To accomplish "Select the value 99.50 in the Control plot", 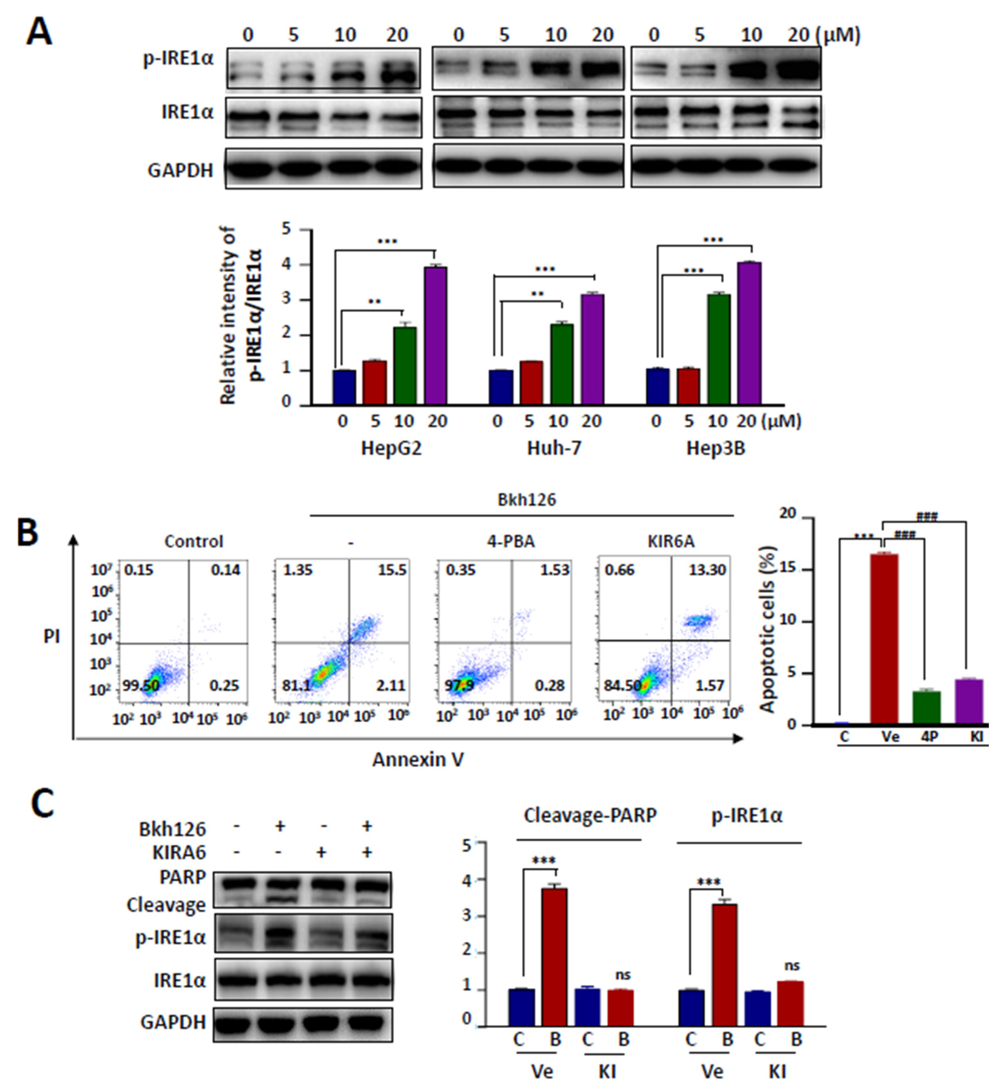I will pyautogui.click(x=141, y=686).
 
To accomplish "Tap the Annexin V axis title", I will pyautogui.click(x=418, y=759).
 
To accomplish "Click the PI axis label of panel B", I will pyautogui.click(x=52, y=637).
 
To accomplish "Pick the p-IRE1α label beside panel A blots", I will pyautogui.click(x=178, y=59).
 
